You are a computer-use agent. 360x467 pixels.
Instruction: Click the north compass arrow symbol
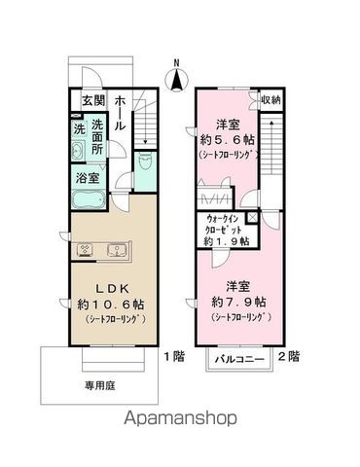tap(177, 78)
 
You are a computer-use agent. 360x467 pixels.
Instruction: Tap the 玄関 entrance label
tap(93, 100)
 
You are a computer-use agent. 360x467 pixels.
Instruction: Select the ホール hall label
tap(120, 113)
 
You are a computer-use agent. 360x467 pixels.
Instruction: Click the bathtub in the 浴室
tap(89, 200)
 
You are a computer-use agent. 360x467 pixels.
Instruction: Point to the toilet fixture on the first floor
tap(144, 161)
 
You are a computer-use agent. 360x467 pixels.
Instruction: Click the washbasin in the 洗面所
tap(78, 151)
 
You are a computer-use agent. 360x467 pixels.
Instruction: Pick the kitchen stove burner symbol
tap(86, 250)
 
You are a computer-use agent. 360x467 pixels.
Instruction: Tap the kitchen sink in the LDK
tap(116, 250)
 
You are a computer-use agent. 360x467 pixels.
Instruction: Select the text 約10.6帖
tap(111, 305)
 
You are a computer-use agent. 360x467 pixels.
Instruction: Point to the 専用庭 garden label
tap(100, 385)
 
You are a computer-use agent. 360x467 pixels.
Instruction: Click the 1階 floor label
tap(174, 357)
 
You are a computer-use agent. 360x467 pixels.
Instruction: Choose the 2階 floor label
tap(289, 357)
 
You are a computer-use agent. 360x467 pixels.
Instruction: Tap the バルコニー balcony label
tap(240, 360)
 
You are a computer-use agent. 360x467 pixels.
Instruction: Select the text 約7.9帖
tap(239, 302)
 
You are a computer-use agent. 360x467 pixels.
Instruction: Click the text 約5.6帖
tap(228, 140)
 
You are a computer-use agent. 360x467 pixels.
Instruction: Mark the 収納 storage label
tap(271, 100)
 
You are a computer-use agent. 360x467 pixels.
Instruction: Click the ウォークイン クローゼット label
tap(223, 224)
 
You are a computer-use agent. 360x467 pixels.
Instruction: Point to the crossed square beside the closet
tap(252, 218)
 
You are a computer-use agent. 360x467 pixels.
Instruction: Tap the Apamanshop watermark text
tap(180, 418)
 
